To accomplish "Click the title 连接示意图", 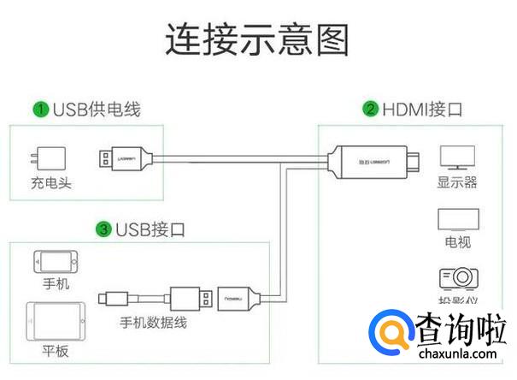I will (257, 39).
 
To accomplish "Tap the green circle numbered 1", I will (40, 110).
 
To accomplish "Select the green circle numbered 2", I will (370, 109).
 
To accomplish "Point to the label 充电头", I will (49, 183).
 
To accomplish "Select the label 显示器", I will (456, 182).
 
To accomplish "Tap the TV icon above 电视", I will (457, 219).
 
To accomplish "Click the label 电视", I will (457, 242).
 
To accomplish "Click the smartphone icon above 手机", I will (56, 262).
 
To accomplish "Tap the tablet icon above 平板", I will (56, 321).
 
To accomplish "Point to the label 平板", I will (56, 353).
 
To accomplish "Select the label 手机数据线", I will (154, 323).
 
